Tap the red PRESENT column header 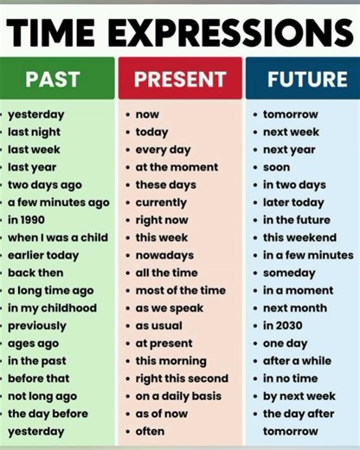point(179,79)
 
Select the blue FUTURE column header point(302,79)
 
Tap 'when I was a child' point(58,237)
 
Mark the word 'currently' point(161,202)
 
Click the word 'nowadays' point(165,255)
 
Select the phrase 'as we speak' point(170,308)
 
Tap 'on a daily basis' point(178,396)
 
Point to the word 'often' point(150,431)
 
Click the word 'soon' point(276,167)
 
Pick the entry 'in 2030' point(285,325)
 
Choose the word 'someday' point(289,273)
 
